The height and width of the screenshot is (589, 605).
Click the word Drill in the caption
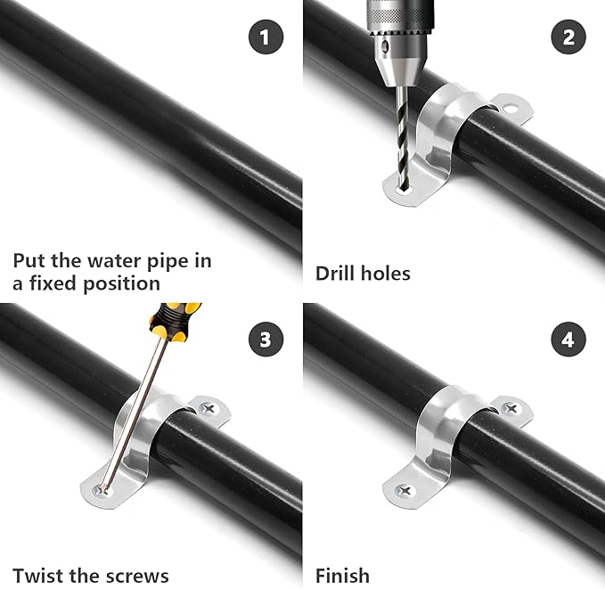(x=337, y=273)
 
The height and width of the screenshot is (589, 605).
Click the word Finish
(x=342, y=575)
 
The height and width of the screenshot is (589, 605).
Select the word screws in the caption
(x=137, y=576)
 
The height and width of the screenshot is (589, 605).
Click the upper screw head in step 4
(x=511, y=409)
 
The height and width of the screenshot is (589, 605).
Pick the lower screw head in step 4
(x=404, y=489)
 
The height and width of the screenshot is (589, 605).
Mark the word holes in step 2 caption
(x=385, y=273)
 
